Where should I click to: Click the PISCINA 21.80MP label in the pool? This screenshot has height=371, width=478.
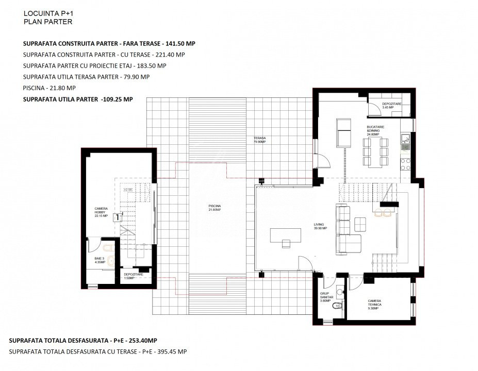click(x=215, y=208)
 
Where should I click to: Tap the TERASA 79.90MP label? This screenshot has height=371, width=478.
click(x=259, y=140)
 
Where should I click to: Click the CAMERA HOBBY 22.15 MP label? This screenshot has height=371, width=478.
click(x=101, y=212)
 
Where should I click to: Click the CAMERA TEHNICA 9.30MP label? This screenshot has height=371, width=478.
click(x=374, y=303)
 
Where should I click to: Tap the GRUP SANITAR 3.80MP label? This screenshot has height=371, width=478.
click(x=327, y=297)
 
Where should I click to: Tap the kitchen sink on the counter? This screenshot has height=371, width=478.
click(x=405, y=139)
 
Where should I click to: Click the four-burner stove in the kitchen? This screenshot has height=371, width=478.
click(x=406, y=164)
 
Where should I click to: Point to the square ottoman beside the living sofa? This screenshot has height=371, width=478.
click(x=360, y=224)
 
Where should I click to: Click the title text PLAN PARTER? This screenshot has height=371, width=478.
click(x=48, y=22)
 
